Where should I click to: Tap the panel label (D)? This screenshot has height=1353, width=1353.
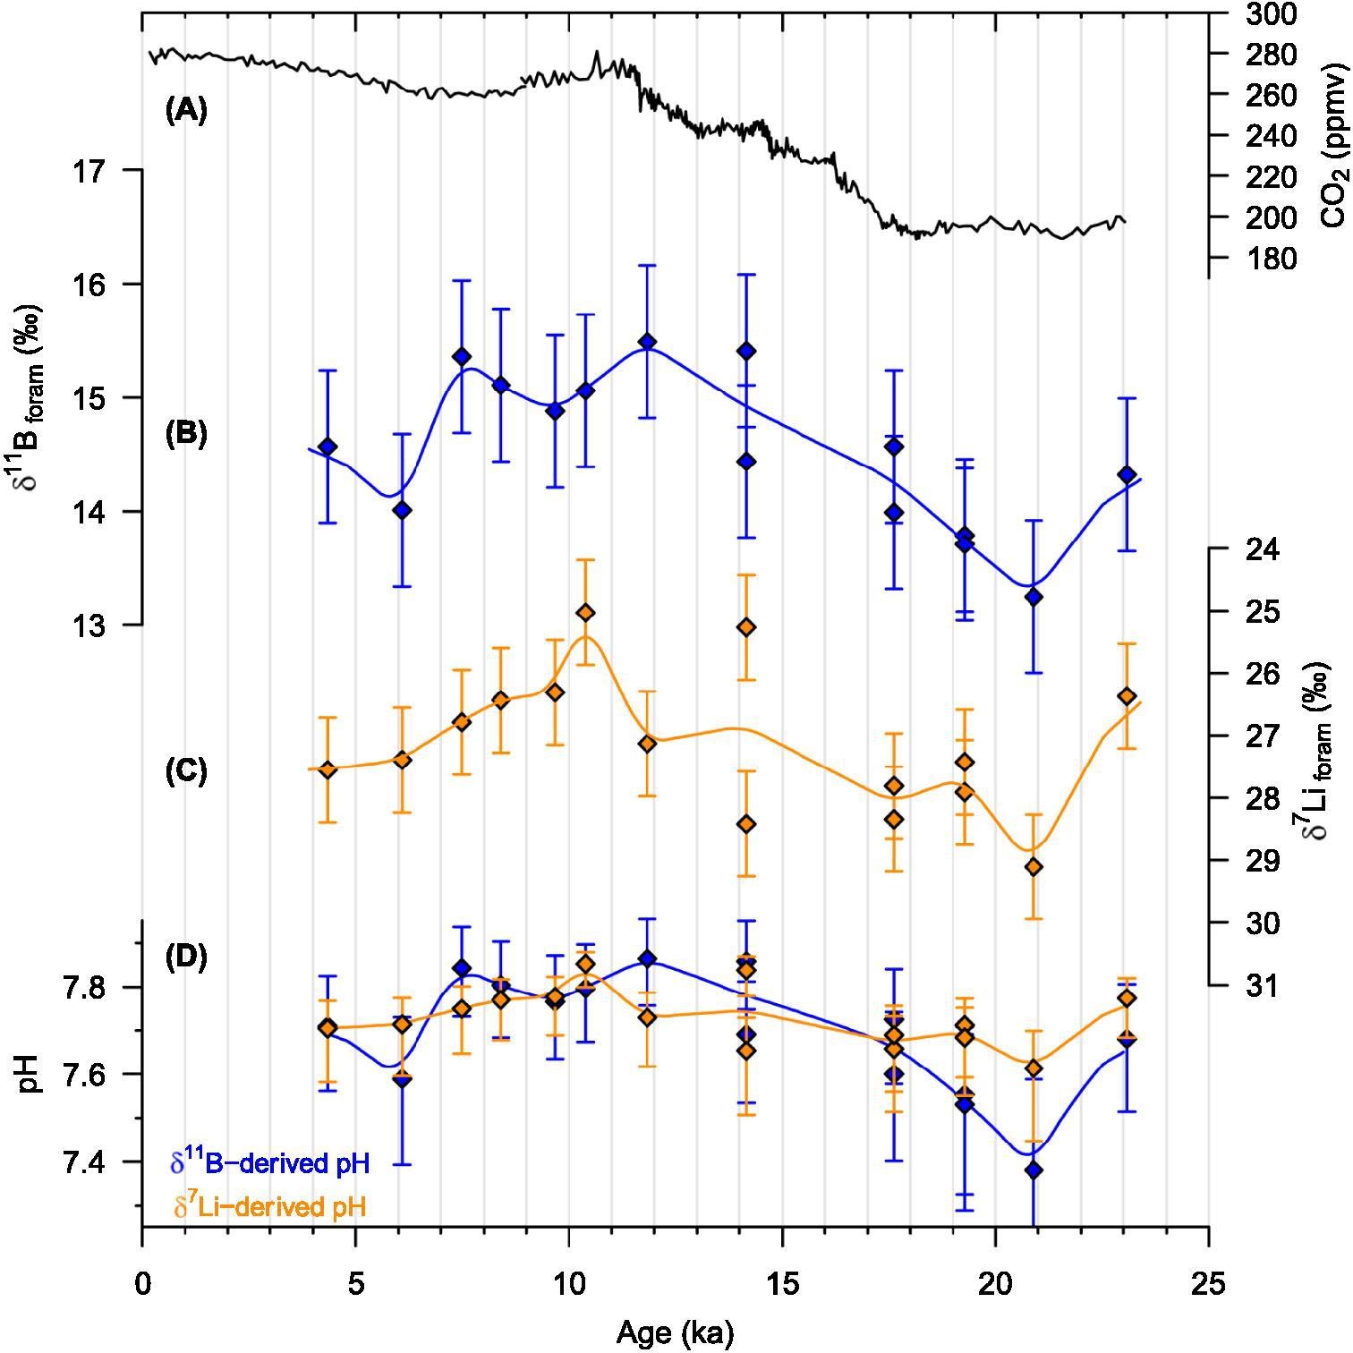click(186, 957)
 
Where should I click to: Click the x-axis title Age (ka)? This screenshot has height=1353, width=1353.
click(675, 1333)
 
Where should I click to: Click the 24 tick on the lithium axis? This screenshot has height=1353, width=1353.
click(1262, 549)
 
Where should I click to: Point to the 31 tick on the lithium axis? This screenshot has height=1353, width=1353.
click(1262, 985)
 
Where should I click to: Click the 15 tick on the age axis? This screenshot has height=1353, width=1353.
click(783, 1285)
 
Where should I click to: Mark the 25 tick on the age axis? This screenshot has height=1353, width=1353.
click(1209, 1285)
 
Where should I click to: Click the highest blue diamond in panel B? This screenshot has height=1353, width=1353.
click(648, 342)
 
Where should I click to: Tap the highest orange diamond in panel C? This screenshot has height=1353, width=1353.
click(585, 612)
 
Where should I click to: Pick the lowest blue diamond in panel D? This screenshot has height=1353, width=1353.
click(1034, 1170)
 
